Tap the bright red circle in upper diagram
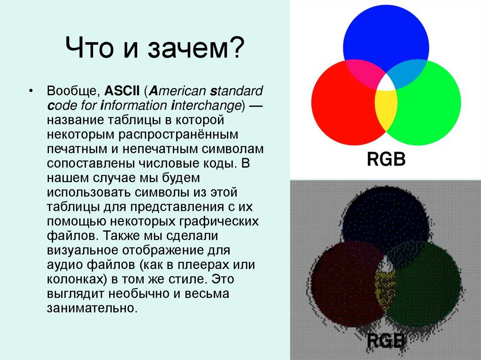point(341,103)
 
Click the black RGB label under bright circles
point(386,159)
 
